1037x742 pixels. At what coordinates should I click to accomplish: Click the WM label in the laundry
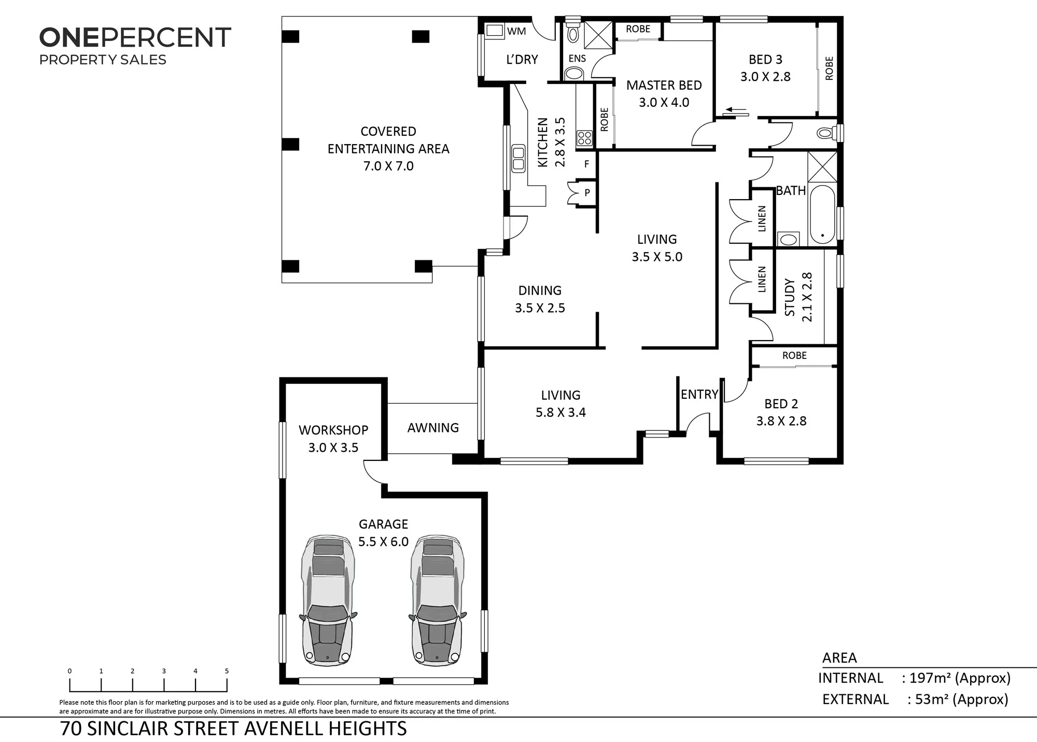click(x=516, y=31)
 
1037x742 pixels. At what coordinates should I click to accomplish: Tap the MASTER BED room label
click(x=664, y=85)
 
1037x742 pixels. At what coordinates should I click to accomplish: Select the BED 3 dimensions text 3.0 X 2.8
click(x=765, y=77)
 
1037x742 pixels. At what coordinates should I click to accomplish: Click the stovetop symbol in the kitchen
click(x=584, y=138)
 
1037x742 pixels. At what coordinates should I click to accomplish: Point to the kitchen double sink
click(x=518, y=159)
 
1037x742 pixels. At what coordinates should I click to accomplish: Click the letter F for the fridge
click(x=587, y=164)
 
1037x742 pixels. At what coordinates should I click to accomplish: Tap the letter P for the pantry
click(x=587, y=193)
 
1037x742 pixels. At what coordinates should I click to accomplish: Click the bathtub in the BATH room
click(x=822, y=214)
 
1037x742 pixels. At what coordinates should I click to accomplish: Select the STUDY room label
click(x=790, y=297)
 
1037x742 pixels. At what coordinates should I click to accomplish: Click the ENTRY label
click(x=699, y=395)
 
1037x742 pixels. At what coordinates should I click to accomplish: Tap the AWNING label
click(x=433, y=428)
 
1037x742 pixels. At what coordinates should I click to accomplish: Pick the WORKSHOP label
click(x=333, y=430)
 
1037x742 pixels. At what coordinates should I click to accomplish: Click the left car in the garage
click(x=328, y=600)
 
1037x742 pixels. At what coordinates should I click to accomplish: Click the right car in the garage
click(x=437, y=600)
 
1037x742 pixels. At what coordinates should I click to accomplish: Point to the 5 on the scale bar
click(x=227, y=671)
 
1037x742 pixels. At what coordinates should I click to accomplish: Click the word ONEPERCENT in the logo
click(x=135, y=38)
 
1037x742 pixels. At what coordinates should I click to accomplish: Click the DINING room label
click(x=540, y=290)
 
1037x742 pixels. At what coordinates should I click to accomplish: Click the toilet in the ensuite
click(x=573, y=32)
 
